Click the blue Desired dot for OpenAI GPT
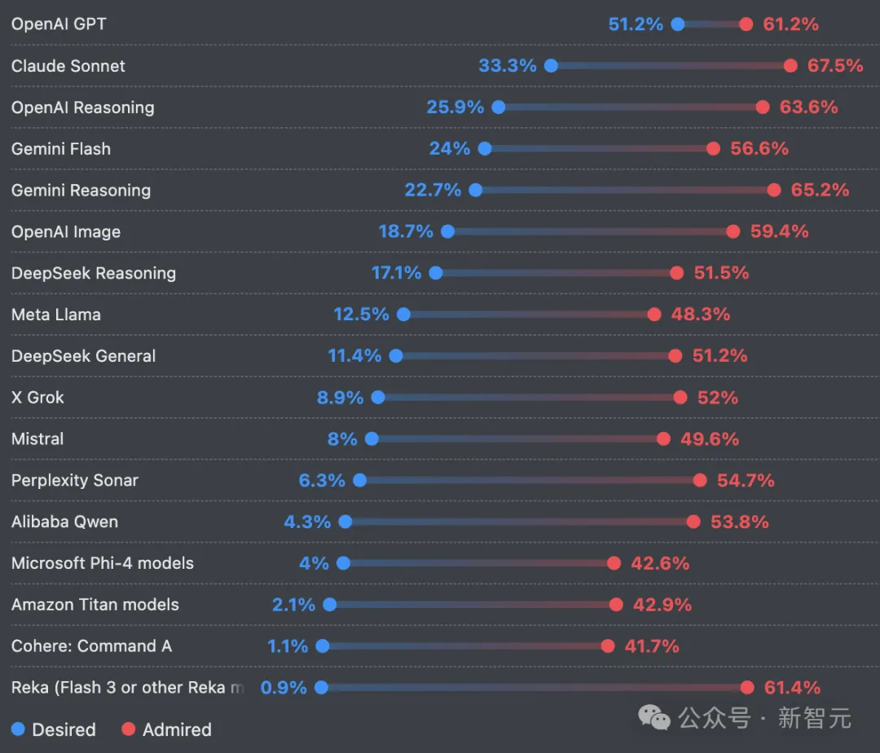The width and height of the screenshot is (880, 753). point(678,24)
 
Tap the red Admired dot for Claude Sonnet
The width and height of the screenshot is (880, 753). point(790,66)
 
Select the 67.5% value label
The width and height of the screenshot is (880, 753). point(835,66)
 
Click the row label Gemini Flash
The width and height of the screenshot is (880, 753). point(61,149)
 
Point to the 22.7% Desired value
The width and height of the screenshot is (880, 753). point(433,190)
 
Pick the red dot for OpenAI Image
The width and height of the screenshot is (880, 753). point(733,231)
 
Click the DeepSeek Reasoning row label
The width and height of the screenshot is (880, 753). point(94,273)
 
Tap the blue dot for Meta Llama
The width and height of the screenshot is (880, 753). point(403,315)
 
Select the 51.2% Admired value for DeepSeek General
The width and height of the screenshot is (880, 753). point(719,356)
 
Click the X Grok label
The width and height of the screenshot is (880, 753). point(37,398)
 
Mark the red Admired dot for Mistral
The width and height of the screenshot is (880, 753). point(664,439)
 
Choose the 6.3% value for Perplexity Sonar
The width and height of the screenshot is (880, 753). point(322,481)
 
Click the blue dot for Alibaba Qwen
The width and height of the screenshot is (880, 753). point(345,522)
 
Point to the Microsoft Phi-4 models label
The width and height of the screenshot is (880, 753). point(103,563)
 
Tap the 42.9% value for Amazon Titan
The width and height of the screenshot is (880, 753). point(662,605)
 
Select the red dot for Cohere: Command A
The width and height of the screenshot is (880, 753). point(608,646)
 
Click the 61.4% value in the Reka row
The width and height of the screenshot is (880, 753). point(792,688)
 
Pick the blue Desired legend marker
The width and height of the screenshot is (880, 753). point(19,729)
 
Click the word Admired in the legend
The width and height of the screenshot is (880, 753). point(177,729)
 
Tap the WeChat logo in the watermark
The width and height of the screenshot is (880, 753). point(654,717)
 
